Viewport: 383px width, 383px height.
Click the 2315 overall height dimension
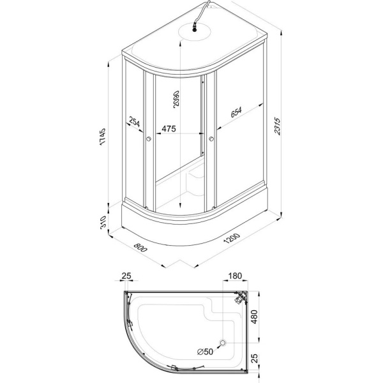pyautogui.click(x=278, y=126)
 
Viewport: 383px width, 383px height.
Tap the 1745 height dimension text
pyautogui.click(x=103, y=137)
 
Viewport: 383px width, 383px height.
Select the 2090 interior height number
pyautogui.click(x=176, y=98)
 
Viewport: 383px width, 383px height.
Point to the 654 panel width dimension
pyautogui.click(x=236, y=112)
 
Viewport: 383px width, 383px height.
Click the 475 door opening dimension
pyautogui.click(x=169, y=128)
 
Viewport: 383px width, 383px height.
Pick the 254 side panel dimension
pyautogui.click(x=134, y=122)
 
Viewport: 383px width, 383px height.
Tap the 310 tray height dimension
pyautogui.click(x=103, y=222)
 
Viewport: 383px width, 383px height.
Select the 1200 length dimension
pyautogui.click(x=232, y=239)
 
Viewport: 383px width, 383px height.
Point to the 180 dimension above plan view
pyautogui.click(x=235, y=276)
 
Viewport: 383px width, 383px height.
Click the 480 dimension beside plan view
pyautogui.click(x=254, y=317)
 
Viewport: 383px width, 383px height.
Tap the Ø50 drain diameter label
pyautogui.click(x=205, y=352)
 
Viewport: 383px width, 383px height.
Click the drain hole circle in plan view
pyautogui.click(x=223, y=343)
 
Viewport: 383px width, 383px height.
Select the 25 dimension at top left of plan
pyautogui.click(x=126, y=276)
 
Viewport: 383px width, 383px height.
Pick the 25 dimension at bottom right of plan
pyautogui.click(x=254, y=358)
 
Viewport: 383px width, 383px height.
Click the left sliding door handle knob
pyautogui.click(x=148, y=139)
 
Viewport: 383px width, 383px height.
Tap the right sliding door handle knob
pyautogui.click(x=211, y=139)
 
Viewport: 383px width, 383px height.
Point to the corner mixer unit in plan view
pyautogui.click(x=241, y=297)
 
